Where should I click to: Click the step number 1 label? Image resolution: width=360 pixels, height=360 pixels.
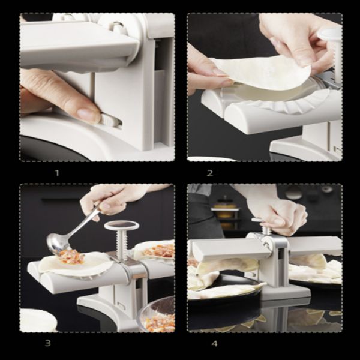57,173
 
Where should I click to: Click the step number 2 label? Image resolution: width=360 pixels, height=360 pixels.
210,173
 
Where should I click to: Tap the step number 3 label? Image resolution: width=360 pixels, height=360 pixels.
47,343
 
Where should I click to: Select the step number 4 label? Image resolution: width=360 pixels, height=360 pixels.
214,344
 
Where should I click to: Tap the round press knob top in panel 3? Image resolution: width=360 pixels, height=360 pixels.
122,226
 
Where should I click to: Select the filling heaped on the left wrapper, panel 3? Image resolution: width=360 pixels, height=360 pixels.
71,256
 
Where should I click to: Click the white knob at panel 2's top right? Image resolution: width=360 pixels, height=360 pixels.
330,35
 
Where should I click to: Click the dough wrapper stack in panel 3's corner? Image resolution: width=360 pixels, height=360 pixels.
38,320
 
